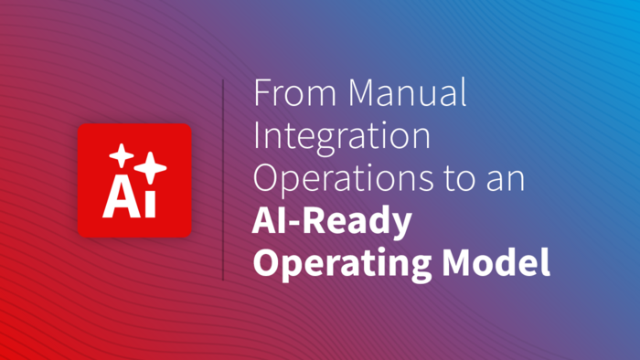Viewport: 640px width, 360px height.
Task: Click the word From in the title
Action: click(294, 92)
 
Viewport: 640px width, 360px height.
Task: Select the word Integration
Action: click(342, 136)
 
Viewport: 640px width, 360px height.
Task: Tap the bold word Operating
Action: click(342, 264)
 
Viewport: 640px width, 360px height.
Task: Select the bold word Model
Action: click(496, 261)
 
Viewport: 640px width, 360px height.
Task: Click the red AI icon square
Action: click(134, 180)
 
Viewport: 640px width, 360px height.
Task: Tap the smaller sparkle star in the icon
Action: click(122, 155)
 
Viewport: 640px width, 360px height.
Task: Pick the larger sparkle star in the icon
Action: click(150, 167)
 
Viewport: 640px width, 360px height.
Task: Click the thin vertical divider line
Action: click(223, 180)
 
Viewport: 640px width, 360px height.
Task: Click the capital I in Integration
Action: click(257, 136)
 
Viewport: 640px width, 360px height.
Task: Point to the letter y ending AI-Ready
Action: click(401, 227)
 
